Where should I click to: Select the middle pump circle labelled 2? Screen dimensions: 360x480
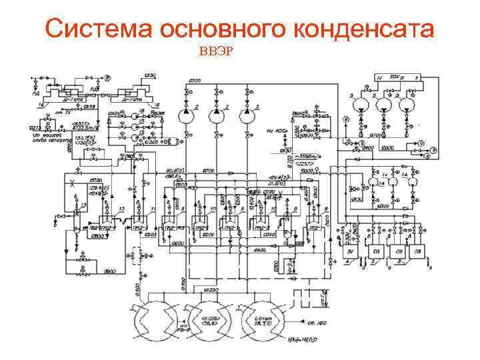point(216,115)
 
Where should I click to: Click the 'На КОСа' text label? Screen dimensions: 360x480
point(275,131)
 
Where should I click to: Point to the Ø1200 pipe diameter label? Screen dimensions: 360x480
point(211,291)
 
